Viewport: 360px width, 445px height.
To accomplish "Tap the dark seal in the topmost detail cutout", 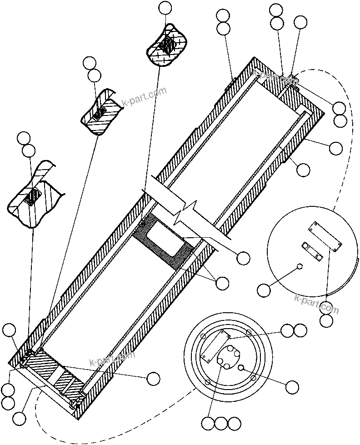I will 167,45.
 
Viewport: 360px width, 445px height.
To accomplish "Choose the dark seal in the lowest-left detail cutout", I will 32,197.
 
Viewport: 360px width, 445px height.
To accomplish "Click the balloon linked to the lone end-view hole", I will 292,387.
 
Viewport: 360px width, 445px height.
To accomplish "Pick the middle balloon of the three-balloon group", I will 221,424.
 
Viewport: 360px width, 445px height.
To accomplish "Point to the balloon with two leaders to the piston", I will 222,283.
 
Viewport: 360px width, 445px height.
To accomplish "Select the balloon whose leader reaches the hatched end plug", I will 153,378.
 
